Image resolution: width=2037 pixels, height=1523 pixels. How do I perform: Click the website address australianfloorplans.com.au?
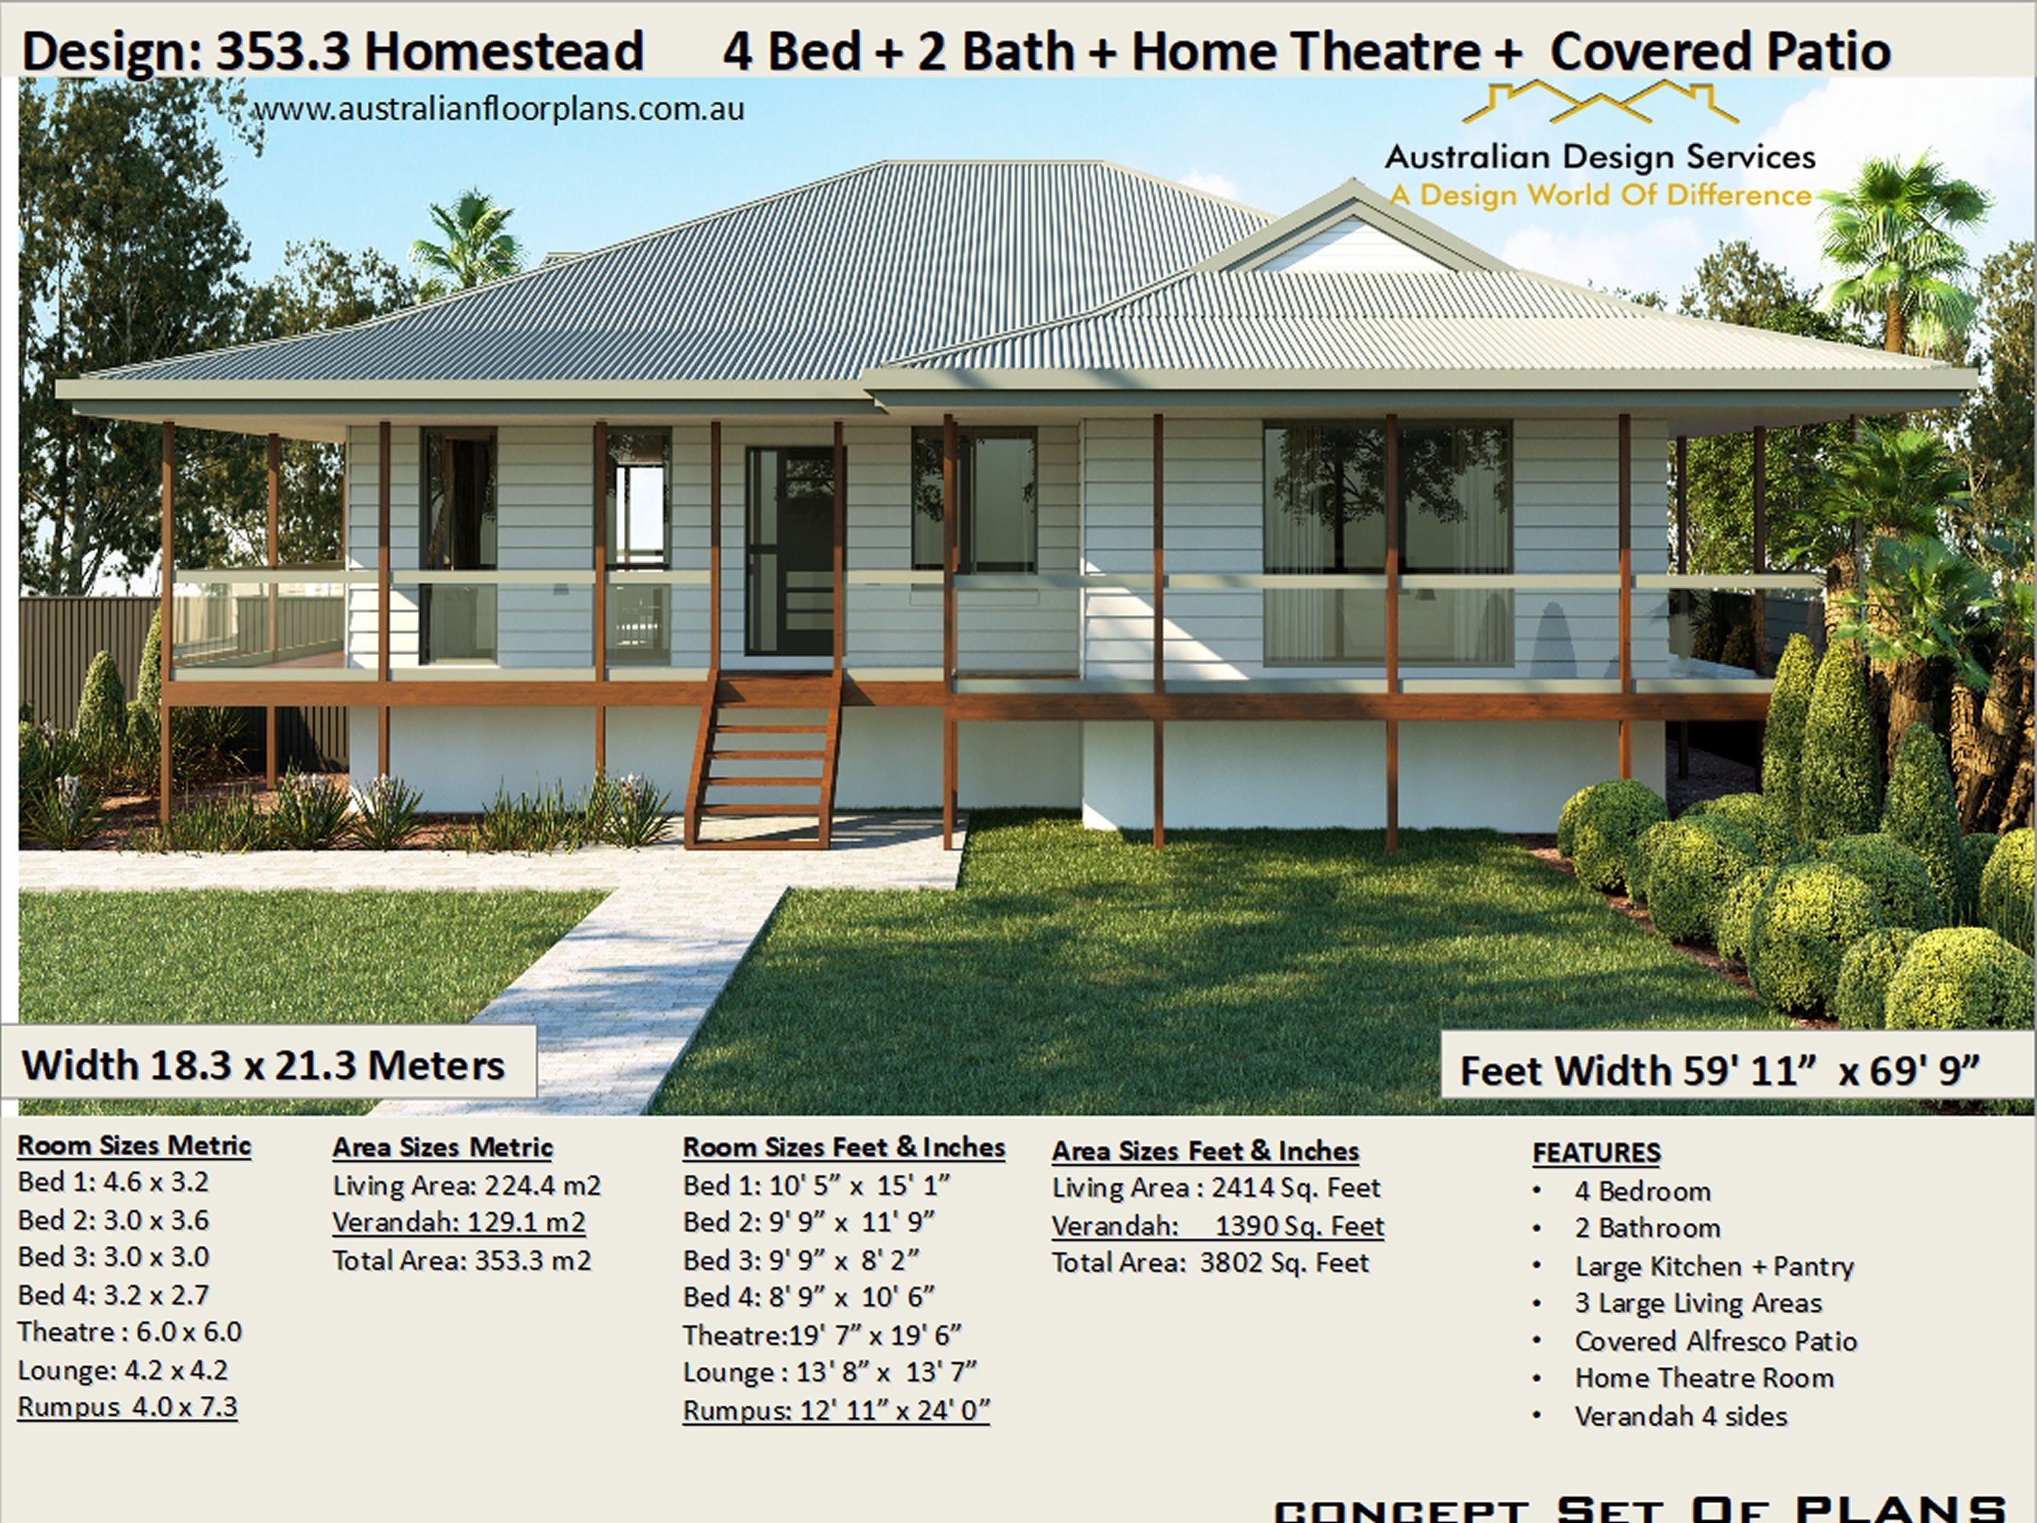[498, 109]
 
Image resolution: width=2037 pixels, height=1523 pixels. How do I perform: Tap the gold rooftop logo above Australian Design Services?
[1600, 102]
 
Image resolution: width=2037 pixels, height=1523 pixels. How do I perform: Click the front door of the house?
[790, 551]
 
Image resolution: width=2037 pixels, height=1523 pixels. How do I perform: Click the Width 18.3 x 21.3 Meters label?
[264, 1065]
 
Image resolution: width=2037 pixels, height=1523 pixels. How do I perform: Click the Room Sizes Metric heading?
[134, 1145]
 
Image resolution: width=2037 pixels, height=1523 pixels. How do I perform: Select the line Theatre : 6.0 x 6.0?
[130, 1331]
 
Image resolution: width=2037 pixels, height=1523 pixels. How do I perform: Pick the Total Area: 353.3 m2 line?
[462, 1260]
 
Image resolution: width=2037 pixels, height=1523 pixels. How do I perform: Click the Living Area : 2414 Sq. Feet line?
[1217, 1188]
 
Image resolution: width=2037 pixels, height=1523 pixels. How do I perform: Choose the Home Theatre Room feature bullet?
[1703, 1378]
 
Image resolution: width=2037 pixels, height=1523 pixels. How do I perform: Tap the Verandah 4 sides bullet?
[1680, 1416]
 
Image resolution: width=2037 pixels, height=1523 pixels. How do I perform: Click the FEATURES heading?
[1597, 1152]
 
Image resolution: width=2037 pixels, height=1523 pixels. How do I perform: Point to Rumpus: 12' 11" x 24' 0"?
[836, 1410]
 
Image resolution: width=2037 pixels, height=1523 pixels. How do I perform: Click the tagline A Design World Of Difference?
[1600, 195]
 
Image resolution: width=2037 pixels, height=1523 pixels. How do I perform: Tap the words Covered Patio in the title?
[1720, 51]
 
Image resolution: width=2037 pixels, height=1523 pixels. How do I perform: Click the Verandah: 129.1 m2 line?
[459, 1222]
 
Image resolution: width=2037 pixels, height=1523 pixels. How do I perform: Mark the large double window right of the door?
[1388, 543]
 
